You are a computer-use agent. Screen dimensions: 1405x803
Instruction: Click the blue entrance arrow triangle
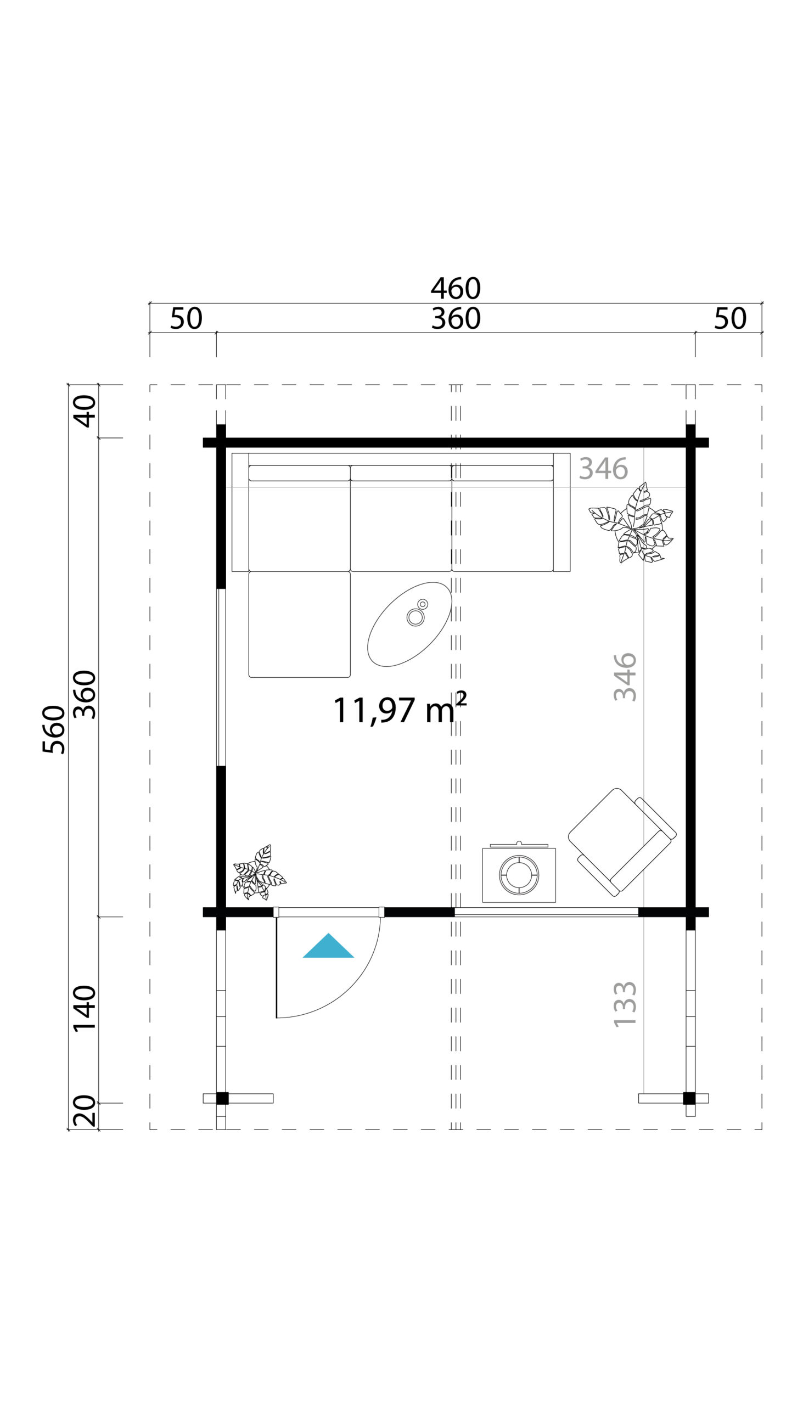pos(328,947)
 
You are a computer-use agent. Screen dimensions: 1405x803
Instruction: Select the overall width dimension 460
pos(456,288)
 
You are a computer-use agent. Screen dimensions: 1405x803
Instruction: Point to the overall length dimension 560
pos(54,729)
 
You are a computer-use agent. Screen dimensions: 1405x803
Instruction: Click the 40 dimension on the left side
pos(85,411)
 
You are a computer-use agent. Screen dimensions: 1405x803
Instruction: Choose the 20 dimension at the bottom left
pos(85,1110)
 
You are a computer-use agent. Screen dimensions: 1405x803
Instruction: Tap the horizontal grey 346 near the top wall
pos(603,469)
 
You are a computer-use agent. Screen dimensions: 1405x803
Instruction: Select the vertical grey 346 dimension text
pos(625,677)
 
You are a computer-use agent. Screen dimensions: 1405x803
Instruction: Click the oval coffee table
pos(409,624)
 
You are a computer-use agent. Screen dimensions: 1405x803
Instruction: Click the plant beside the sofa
pos(633,524)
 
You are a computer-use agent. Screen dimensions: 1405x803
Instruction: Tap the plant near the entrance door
pos(257,873)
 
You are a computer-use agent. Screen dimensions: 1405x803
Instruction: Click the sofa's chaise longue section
pos(300,623)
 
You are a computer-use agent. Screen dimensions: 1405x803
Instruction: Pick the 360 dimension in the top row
pos(456,319)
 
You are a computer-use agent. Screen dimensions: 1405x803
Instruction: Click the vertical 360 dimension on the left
pos(85,695)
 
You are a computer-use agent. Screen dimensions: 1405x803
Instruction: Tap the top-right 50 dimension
pos(729,319)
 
